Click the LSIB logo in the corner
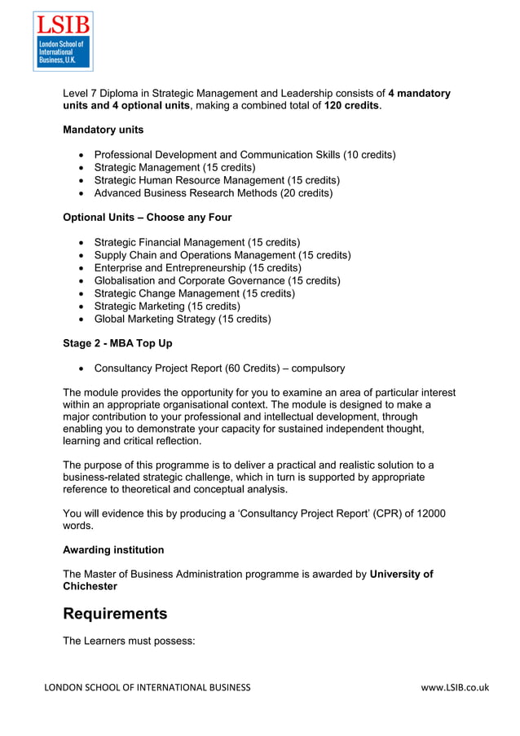(x=63, y=41)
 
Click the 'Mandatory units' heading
(x=103, y=130)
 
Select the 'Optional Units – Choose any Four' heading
(x=147, y=218)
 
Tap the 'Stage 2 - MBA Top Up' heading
(x=117, y=343)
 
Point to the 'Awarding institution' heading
(x=113, y=550)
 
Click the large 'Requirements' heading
(x=115, y=614)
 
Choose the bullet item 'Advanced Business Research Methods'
(x=213, y=193)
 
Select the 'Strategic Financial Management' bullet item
(x=196, y=242)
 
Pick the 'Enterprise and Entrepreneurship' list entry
(x=197, y=267)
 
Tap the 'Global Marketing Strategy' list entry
(x=183, y=319)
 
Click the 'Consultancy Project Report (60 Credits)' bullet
(x=219, y=368)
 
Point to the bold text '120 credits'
(x=352, y=106)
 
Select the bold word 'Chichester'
(x=90, y=586)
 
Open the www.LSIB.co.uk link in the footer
(x=455, y=688)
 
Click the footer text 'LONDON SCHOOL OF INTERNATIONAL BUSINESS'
(x=148, y=688)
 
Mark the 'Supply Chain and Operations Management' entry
(x=223, y=255)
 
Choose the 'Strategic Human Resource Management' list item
(x=217, y=180)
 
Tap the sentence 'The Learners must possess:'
(x=129, y=641)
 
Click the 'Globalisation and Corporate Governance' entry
(x=217, y=280)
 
